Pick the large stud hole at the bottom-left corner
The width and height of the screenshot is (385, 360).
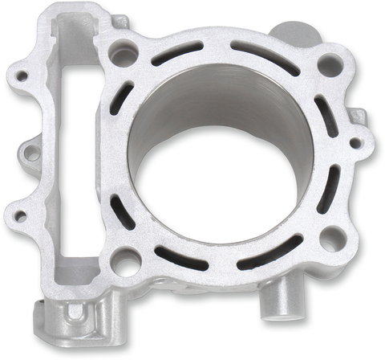(125, 259)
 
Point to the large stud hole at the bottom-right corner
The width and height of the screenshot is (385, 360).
(328, 239)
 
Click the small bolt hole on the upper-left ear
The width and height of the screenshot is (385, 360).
(22, 77)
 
